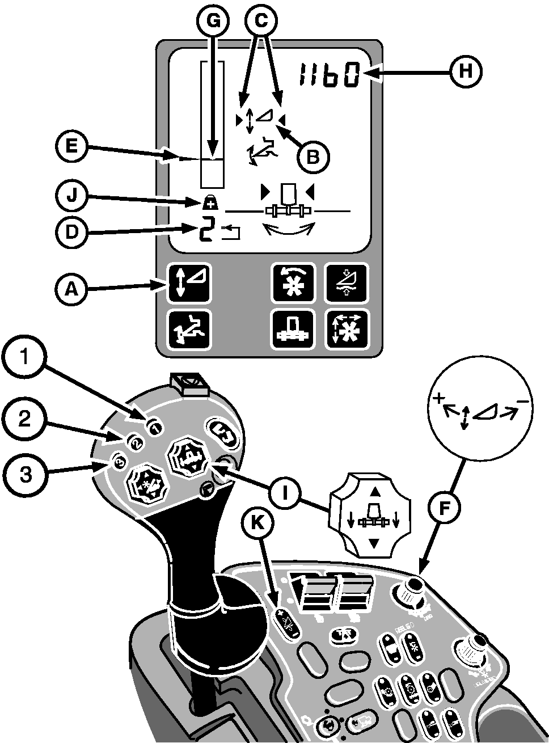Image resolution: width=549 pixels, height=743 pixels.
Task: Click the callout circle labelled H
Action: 466,72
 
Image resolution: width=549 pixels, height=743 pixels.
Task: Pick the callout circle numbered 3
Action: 23,475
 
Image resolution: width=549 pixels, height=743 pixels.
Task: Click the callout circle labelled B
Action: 312,157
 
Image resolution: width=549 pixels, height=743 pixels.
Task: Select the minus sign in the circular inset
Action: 523,402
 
